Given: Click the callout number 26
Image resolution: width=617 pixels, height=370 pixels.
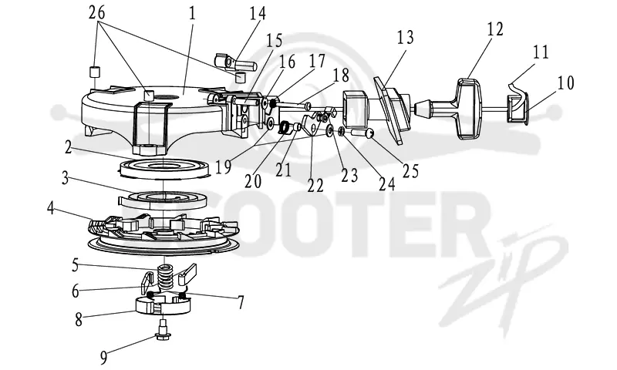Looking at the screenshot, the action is [97, 12].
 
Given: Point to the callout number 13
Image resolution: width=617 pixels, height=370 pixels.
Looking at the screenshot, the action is [406, 36].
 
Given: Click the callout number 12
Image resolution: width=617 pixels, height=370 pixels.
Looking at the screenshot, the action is [494, 29].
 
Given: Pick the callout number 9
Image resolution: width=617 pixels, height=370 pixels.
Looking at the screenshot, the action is [103, 358].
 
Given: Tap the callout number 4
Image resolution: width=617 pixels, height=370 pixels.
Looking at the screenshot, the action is [50, 208].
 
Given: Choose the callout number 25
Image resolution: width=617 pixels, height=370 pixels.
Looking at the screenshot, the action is [410, 170].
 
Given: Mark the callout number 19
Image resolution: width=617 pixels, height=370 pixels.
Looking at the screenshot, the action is [223, 166].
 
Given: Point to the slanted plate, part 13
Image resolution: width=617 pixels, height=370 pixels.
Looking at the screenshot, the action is [391, 110].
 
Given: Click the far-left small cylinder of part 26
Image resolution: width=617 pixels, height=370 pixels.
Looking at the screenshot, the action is [95, 72].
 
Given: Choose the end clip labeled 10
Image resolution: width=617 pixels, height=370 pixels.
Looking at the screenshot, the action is [518, 108].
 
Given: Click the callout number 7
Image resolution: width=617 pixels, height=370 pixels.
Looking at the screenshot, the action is [241, 302].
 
